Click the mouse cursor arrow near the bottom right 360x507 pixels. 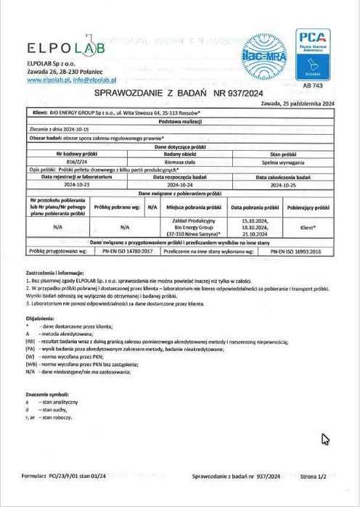(325, 438)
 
